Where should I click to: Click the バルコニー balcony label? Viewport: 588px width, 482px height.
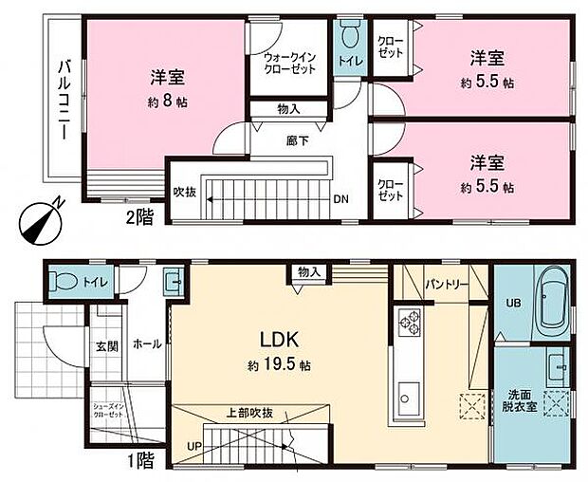(x=63, y=99)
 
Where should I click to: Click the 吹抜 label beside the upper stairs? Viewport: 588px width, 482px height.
(x=184, y=190)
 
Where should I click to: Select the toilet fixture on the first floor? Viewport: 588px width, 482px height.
(x=65, y=281)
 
